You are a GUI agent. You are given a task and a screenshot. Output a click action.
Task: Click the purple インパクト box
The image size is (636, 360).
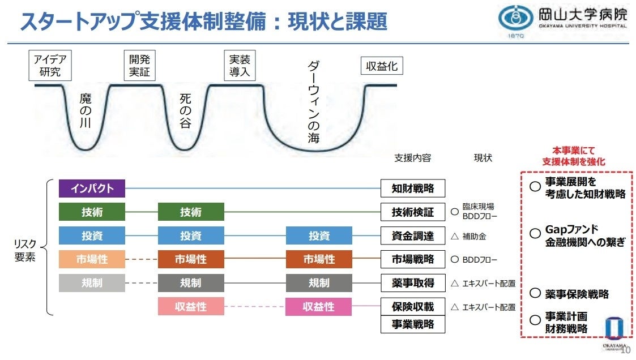[x=92, y=188]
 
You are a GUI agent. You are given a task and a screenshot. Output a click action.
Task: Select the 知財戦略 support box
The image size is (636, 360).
[x=413, y=188]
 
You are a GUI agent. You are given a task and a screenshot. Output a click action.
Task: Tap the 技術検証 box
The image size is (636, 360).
[x=413, y=212]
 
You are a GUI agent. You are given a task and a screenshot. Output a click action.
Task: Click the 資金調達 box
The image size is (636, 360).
[x=413, y=236]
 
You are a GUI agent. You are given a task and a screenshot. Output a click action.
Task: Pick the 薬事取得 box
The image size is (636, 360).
[x=413, y=283]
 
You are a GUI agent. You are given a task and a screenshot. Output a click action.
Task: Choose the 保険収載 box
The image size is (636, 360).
[x=413, y=307]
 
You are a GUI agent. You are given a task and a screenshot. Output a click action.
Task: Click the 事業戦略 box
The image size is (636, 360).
[x=413, y=324]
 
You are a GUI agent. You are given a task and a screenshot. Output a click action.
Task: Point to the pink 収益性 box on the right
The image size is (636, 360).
[x=318, y=307]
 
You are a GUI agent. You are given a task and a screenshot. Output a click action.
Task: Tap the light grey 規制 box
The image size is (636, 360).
[x=92, y=283]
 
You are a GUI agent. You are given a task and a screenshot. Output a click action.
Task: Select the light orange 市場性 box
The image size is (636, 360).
[x=92, y=259]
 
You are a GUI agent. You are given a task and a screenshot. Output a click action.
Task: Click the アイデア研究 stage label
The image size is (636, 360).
[x=50, y=66]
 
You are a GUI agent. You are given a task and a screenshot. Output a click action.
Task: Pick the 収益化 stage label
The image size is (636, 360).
[x=382, y=66]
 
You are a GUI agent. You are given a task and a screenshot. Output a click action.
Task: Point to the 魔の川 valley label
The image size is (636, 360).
[x=86, y=112]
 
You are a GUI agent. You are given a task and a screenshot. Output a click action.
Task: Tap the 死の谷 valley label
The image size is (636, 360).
[x=185, y=111]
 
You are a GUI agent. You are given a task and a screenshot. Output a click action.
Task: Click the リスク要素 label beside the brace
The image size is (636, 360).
[x=25, y=250]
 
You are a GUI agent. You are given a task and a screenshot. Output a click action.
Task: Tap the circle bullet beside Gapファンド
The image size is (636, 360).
[x=534, y=233]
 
